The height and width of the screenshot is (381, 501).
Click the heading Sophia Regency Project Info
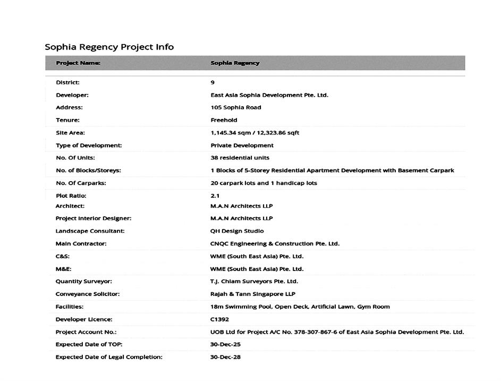click(109, 47)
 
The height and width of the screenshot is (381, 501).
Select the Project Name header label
click(78, 63)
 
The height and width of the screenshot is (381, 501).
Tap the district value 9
click(213, 82)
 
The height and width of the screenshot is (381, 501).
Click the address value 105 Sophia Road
click(235, 107)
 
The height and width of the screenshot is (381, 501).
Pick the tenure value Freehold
click(224, 120)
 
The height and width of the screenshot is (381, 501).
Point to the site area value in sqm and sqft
click(254, 133)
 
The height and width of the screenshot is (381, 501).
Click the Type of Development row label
click(89, 145)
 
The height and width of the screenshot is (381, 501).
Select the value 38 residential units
click(240, 158)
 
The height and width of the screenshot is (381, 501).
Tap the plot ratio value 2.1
click(215, 196)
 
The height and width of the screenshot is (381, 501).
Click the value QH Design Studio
click(237, 231)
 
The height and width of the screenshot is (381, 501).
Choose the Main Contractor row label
click(81, 244)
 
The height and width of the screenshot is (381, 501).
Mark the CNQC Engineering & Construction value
click(275, 244)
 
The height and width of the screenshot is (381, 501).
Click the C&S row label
click(63, 256)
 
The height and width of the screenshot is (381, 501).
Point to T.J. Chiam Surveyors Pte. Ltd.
click(254, 282)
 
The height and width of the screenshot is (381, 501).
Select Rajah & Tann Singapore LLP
click(252, 294)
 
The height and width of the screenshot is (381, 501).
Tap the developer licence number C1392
click(219, 319)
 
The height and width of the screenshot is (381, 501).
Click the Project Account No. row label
click(86, 332)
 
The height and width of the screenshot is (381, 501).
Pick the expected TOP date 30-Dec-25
click(225, 344)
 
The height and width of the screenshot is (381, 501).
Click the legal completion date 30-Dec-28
click(225, 357)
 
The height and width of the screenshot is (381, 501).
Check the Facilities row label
click(70, 307)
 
